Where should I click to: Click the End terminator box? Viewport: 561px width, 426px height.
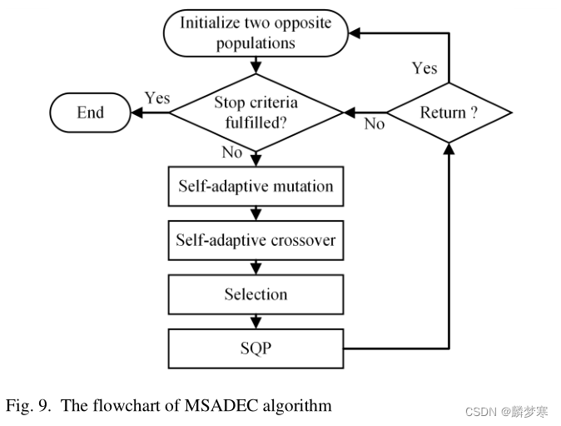point(90,113)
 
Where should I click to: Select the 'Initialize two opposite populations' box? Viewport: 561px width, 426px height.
point(255,33)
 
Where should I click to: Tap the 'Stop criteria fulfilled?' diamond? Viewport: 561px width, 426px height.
point(255,112)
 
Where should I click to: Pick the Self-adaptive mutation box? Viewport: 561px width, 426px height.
point(255,186)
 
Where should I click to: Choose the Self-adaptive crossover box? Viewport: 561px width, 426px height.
point(255,240)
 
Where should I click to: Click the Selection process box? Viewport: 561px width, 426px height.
point(255,294)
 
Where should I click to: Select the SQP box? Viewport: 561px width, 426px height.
point(255,348)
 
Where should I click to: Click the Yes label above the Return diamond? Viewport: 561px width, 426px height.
point(424,68)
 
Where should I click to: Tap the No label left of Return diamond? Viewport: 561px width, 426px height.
point(375,124)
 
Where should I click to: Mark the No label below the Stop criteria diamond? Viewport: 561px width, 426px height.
point(232,153)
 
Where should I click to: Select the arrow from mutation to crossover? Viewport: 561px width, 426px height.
point(256,213)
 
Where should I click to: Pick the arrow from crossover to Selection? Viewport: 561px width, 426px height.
point(256,268)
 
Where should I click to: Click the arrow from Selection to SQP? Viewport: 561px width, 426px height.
point(256,322)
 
